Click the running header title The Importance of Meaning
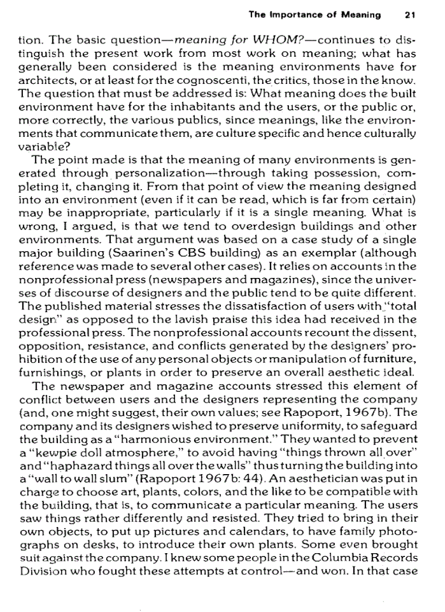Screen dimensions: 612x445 point(315,15)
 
